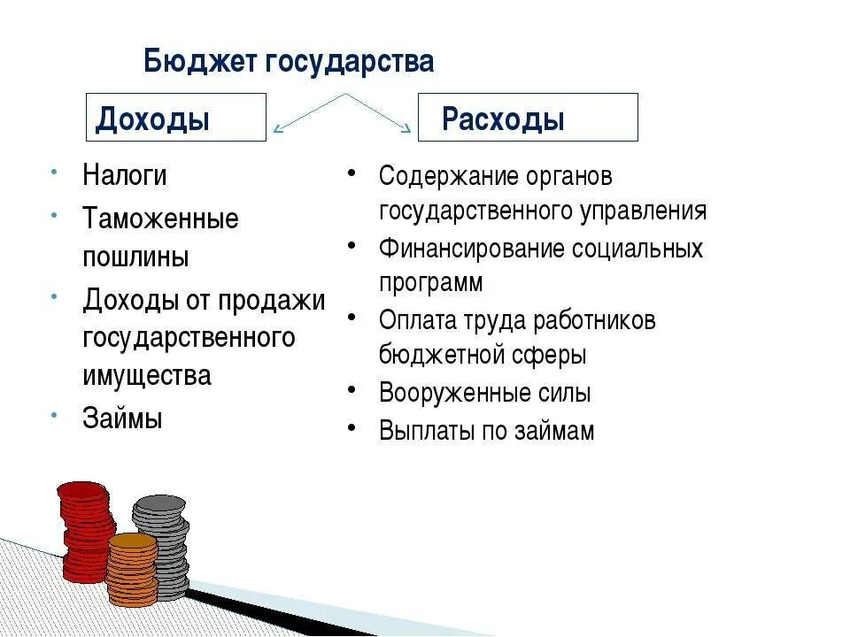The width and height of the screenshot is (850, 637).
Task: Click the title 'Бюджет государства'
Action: point(289,63)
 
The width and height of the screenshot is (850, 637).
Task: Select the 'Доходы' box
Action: point(175,118)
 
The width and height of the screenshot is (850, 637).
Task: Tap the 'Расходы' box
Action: point(527,118)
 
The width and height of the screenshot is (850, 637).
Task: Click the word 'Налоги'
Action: point(125,175)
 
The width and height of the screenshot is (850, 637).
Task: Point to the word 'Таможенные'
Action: point(160,219)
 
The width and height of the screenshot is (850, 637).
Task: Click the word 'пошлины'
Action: point(135,257)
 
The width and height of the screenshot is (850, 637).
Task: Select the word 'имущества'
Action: point(147,375)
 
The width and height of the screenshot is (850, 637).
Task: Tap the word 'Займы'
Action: point(122,418)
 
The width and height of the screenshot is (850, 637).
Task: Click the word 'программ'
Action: point(431,283)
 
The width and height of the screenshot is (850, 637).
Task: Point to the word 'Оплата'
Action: point(416,320)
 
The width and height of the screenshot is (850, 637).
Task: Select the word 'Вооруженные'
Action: point(451,393)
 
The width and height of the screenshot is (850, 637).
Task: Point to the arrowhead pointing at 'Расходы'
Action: point(406,130)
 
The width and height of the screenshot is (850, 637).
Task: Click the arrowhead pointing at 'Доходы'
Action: point(279,129)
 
